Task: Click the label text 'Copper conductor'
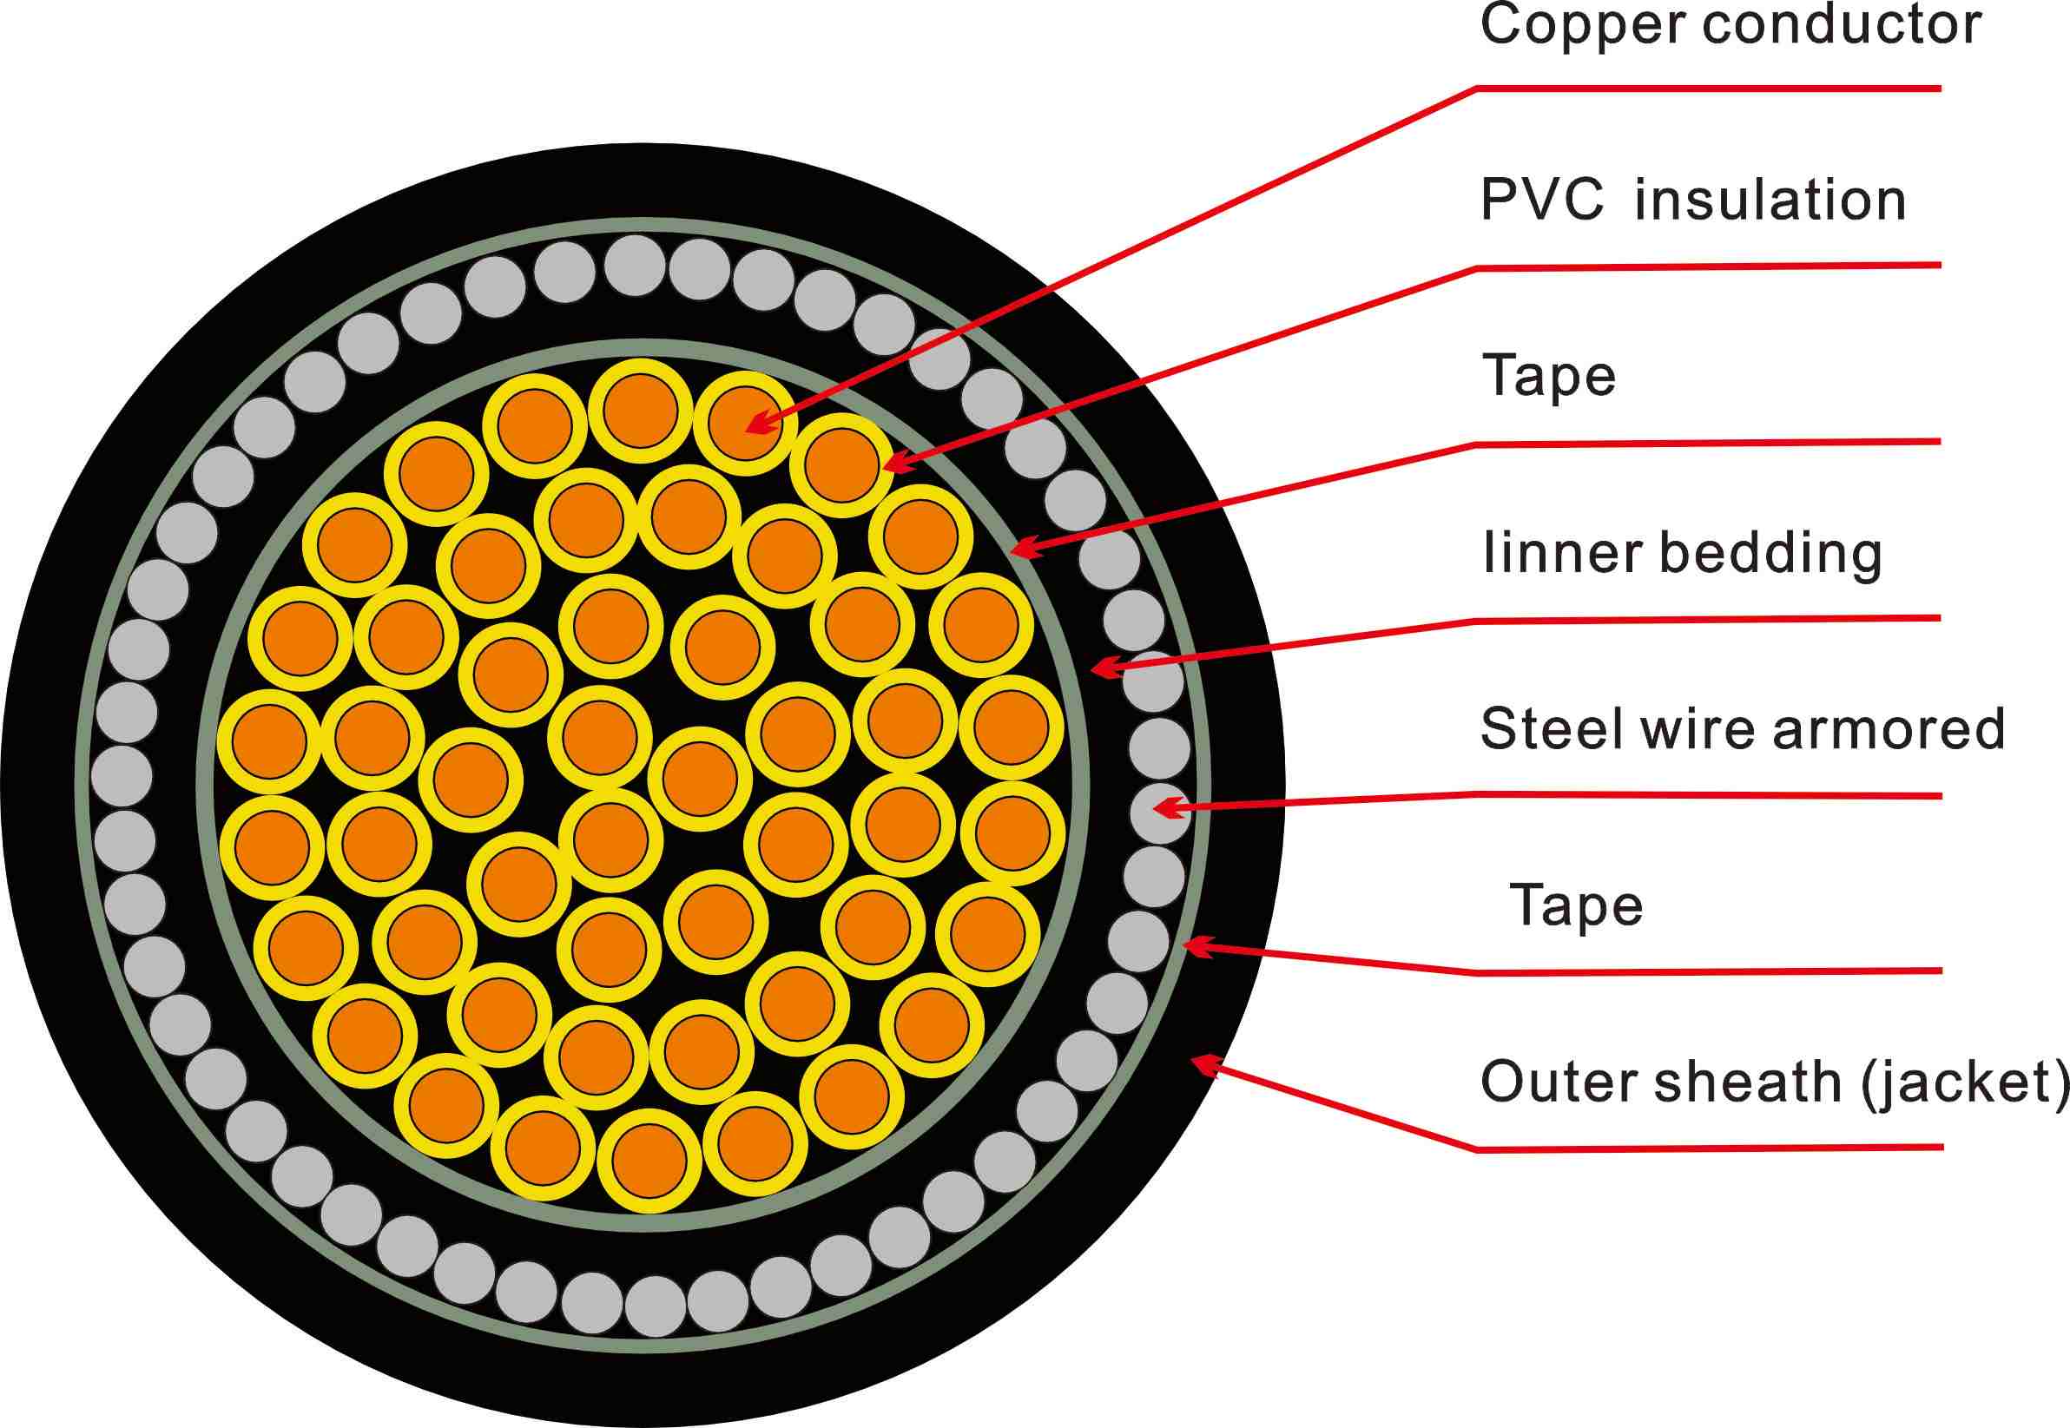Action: [1730, 25]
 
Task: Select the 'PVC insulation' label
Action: [1693, 200]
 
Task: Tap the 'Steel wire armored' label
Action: [1743, 728]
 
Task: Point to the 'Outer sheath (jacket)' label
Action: [1774, 1082]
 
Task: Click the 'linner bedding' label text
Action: [1683, 553]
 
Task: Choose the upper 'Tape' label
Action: [1549, 376]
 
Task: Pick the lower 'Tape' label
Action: [1576, 905]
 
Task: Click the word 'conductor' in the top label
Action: [1842, 25]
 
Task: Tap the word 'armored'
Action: [1889, 728]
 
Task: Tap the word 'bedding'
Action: [1771, 553]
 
